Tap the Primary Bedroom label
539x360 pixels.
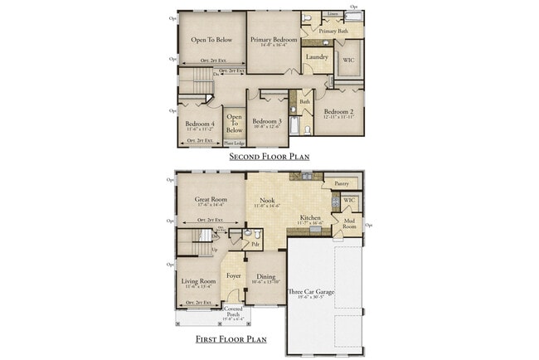click(x=274, y=39)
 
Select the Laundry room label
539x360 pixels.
click(x=317, y=57)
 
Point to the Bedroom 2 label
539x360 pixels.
click(x=340, y=112)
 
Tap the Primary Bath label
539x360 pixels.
click(x=334, y=31)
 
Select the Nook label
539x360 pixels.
click(x=267, y=200)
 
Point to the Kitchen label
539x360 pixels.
click(x=311, y=218)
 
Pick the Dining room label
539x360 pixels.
click(x=265, y=277)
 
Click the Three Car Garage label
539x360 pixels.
click(x=310, y=291)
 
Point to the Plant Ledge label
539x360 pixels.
click(x=235, y=143)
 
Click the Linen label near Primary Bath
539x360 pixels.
click(x=333, y=14)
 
